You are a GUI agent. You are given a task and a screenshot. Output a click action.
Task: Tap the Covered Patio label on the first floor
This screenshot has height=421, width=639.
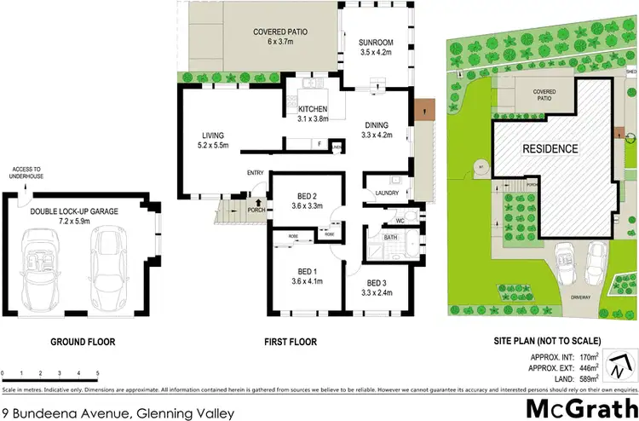point(280,33)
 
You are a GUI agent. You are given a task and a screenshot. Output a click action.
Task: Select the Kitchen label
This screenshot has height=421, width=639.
point(313,109)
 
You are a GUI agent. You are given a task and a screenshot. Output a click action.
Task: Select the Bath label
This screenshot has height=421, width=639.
point(390,238)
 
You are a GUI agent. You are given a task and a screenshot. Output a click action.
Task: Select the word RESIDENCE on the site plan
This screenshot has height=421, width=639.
point(550,148)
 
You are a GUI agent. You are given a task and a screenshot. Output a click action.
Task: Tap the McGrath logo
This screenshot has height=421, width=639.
point(577,408)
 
